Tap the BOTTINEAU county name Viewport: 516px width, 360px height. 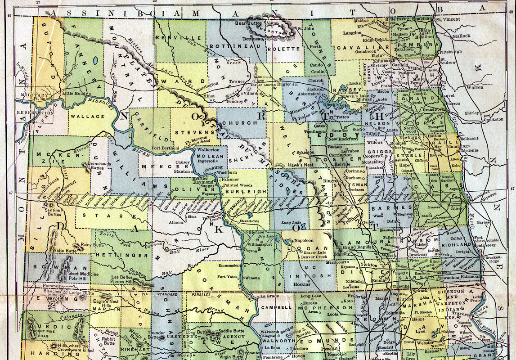(230, 46)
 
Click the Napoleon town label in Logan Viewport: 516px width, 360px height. (304, 241)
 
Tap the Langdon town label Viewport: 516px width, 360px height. (353, 33)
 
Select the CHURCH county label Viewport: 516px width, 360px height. (242, 122)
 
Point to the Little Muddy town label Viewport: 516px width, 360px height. (75, 93)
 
